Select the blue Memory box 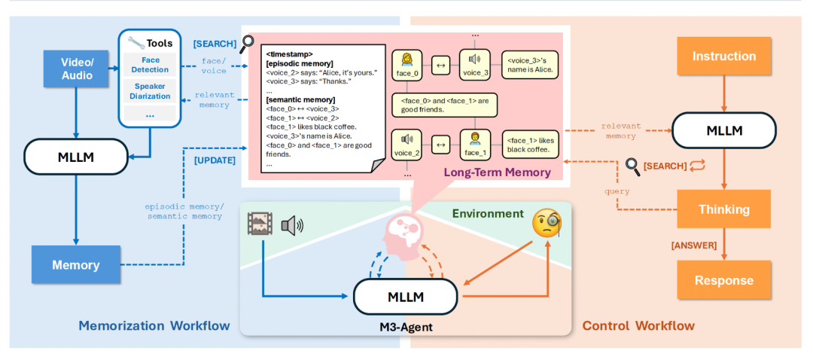(75, 264)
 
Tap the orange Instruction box (723, 56)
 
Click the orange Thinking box (723, 209)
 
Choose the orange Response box (723, 280)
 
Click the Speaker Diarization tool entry (150, 91)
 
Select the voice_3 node (474, 66)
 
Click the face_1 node (474, 142)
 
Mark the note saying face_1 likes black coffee (533, 144)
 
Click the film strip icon (260, 224)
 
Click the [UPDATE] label (215, 160)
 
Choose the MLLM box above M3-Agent (406, 297)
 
